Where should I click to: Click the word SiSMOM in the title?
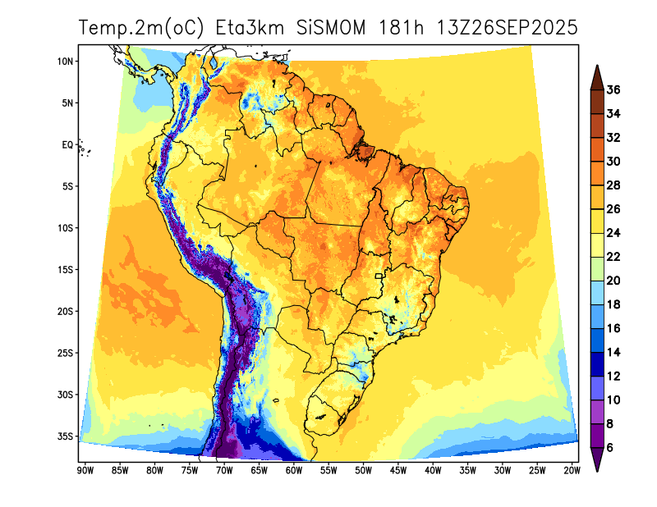331,27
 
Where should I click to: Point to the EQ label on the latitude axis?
68,144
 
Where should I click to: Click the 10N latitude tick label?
67,62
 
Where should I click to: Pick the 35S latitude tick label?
67,436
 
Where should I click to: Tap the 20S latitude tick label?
67,311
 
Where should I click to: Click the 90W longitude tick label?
84,470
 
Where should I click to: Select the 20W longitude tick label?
572,470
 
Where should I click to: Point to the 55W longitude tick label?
328,470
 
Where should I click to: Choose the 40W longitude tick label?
433,470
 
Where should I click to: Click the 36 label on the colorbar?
613,89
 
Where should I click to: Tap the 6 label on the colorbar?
610,448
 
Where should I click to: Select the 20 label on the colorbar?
613,281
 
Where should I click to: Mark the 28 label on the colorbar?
613,185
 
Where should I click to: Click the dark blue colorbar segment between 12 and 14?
597,364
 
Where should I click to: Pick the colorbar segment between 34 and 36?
597,101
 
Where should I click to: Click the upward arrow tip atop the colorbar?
597,67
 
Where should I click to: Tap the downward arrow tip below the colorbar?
597,470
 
